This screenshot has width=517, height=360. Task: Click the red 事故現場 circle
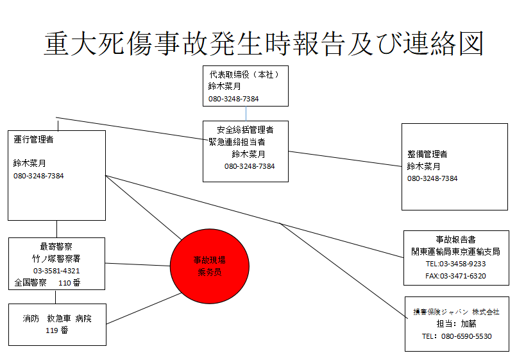click(210, 266)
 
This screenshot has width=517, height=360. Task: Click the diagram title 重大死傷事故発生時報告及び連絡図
click(264, 44)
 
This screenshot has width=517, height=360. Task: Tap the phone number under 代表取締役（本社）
click(233, 99)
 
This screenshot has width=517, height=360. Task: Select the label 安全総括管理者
click(245, 130)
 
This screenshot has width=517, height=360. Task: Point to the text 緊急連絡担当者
click(237, 142)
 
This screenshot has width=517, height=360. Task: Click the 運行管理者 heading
click(33, 140)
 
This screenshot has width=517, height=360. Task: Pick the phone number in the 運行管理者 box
click(38, 176)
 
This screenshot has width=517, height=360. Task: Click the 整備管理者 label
click(427, 154)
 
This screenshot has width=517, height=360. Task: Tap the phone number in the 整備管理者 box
click(432, 178)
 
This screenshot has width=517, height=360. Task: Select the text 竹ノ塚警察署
click(56, 259)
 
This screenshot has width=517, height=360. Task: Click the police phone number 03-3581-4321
click(56, 271)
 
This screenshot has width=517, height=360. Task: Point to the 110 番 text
click(69, 283)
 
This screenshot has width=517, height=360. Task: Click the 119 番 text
click(57, 330)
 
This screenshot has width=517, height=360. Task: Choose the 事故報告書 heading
click(455, 239)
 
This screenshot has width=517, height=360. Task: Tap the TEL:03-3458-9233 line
click(455, 264)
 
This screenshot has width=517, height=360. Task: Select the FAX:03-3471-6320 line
click(455, 276)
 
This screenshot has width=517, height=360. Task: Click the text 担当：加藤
click(456, 323)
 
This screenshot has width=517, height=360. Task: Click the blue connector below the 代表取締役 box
click(246, 114)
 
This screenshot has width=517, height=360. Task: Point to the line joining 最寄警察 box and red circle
click(137, 264)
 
